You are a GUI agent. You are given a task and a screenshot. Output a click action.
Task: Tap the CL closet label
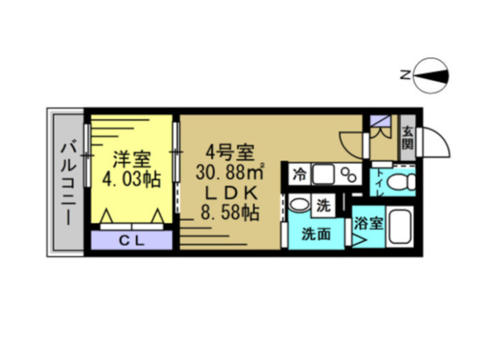click(x=132, y=240)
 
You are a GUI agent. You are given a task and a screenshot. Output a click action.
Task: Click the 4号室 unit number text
click(x=229, y=153)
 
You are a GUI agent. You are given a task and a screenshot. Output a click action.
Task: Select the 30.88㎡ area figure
click(x=231, y=173)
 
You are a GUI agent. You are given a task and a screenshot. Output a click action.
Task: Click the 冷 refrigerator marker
click(x=300, y=174)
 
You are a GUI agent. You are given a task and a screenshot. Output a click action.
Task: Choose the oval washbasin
click(x=300, y=207)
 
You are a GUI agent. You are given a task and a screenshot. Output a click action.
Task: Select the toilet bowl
click(x=406, y=182)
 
